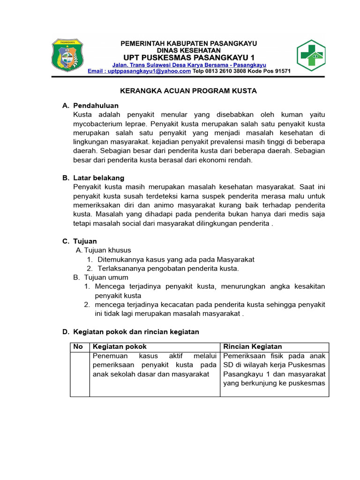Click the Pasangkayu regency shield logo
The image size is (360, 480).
67,55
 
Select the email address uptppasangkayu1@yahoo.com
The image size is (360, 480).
139,71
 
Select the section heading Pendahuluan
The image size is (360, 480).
96,105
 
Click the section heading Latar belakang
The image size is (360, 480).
98,178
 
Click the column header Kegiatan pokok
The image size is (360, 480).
120,346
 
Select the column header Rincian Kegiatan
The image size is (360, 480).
252,346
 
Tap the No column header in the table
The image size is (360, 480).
78,346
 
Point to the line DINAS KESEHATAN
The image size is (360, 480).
189,50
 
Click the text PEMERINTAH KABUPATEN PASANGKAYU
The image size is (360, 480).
189,43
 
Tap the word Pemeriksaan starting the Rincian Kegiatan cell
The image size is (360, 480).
243,356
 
